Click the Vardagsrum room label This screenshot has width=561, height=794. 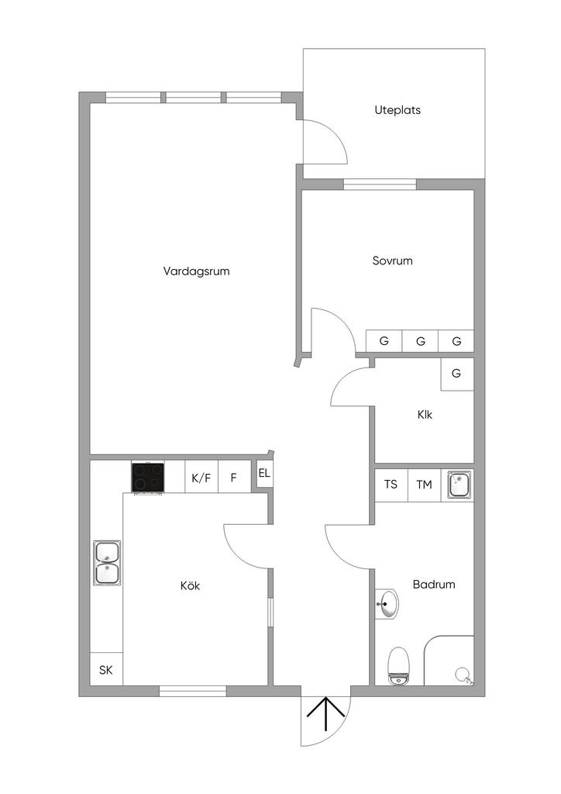pos(196,271)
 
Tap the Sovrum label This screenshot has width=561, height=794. pos(393,261)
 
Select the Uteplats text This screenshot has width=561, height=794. pos(398,110)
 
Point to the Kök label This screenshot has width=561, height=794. pos(190,586)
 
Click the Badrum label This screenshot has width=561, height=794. pos(434,585)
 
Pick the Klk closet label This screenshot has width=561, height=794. pos(425,415)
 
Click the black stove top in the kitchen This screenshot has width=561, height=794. pos(148,478)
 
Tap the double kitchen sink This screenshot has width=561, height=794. pos(107,563)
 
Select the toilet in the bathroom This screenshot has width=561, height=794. pos(398,665)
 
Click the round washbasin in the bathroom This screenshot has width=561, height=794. pos(387,603)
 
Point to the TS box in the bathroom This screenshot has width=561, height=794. pos(391,485)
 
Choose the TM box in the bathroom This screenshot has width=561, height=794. pos(425,485)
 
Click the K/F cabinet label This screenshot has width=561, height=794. pos(201,477)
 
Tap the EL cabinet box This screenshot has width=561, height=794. pos(264,474)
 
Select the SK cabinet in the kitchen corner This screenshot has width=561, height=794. pos(106,669)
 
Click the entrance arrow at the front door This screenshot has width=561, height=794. pos(325,714)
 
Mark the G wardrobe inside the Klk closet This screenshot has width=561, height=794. pos(457,375)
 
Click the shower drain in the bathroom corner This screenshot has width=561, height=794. pos(462,674)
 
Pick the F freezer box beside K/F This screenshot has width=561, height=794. pos(234,477)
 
